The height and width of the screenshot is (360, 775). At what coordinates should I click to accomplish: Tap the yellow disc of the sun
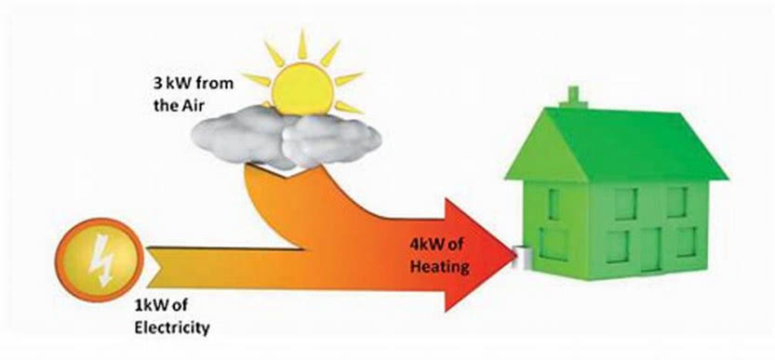(302, 89)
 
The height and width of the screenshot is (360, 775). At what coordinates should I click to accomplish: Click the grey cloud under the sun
(287, 135)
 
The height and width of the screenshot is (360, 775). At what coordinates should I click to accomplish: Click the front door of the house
(650, 249)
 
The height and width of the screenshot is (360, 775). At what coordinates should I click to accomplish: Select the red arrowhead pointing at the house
(478, 255)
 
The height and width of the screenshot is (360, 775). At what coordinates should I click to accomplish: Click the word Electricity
(171, 327)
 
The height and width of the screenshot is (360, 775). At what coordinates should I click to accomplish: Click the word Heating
(439, 267)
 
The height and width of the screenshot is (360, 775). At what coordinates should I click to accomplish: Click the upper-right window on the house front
(676, 202)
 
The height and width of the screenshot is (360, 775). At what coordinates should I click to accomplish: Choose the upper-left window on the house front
(625, 204)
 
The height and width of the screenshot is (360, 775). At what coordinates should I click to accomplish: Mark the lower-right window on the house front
(686, 242)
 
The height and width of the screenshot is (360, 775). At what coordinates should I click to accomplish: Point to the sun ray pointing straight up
(302, 45)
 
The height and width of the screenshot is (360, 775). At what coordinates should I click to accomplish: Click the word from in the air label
(216, 84)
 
